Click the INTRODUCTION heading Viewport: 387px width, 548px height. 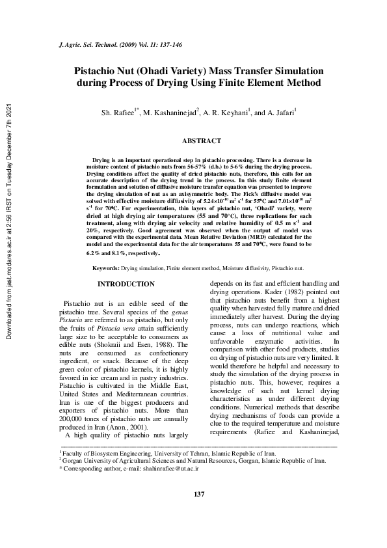(126, 284)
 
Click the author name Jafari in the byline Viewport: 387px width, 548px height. (282, 113)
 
